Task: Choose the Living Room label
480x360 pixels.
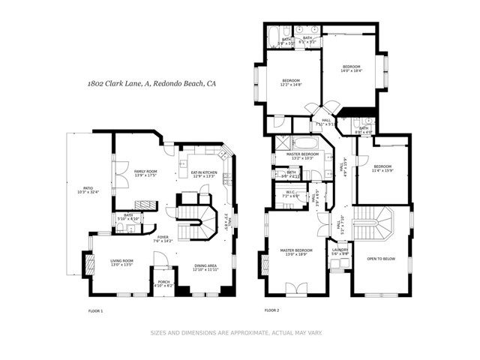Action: pos(116,262)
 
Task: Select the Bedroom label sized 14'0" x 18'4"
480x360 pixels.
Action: pos(352,68)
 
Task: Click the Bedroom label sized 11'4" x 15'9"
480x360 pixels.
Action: pos(382,168)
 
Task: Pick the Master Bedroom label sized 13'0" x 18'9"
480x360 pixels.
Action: pos(296,251)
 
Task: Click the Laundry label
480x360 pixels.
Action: pos(340,251)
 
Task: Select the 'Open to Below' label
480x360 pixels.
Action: pos(382,259)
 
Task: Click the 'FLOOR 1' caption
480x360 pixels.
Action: pos(95,310)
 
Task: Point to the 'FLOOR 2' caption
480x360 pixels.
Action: pos(271,310)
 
